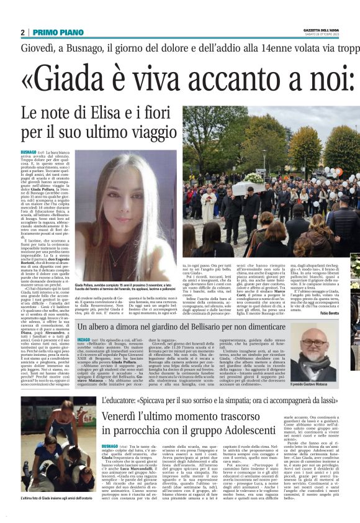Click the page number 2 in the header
click(22, 32)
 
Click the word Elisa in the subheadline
click(106, 114)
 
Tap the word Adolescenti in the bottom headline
click(251, 429)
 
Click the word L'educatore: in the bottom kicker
click(122, 401)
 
